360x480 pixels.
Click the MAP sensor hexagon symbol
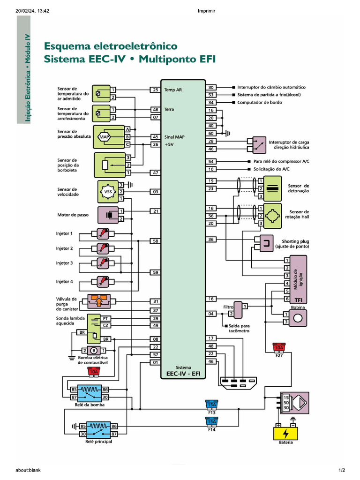coord(104,137)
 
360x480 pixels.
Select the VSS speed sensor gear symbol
coord(107,192)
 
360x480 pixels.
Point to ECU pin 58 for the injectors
coord(155,241)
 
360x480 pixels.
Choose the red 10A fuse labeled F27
coord(279,347)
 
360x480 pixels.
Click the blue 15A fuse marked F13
coord(212,405)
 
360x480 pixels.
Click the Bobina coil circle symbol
coord(298,318)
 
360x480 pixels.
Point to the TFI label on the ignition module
coord(298,299)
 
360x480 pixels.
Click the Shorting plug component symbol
coord(266,242)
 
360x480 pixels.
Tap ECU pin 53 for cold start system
coord(211,95)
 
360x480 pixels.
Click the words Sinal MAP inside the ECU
coord(174,137)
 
